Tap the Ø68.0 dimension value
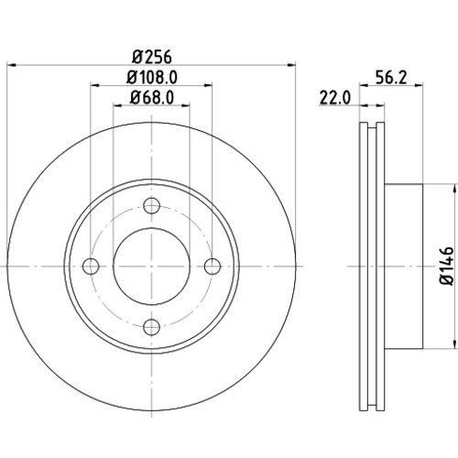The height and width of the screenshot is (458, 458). click(152, 98)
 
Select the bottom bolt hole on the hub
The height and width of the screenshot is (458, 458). click(152, 325)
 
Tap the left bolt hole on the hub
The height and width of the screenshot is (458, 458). click(91, 266)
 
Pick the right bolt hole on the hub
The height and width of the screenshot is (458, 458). click(213, 266)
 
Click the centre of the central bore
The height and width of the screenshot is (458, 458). click(152, 266)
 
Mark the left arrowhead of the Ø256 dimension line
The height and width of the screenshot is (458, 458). click(11, 65)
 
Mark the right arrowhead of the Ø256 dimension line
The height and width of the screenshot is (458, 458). click(293, 65)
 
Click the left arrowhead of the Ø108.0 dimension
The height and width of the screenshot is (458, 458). click(94, 87)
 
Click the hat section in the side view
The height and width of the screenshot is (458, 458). click(403, 266)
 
